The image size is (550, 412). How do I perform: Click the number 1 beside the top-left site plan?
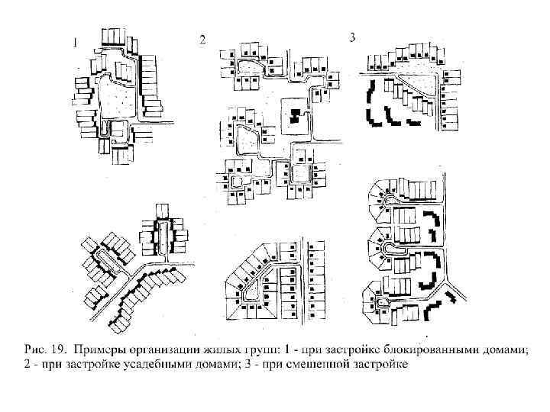[x=74, y=43]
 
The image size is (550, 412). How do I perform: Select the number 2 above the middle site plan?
[x=202, y=40]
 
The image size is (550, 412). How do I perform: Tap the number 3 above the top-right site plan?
[x=352, y=37]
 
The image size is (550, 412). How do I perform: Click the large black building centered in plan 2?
[x=295, y=117]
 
